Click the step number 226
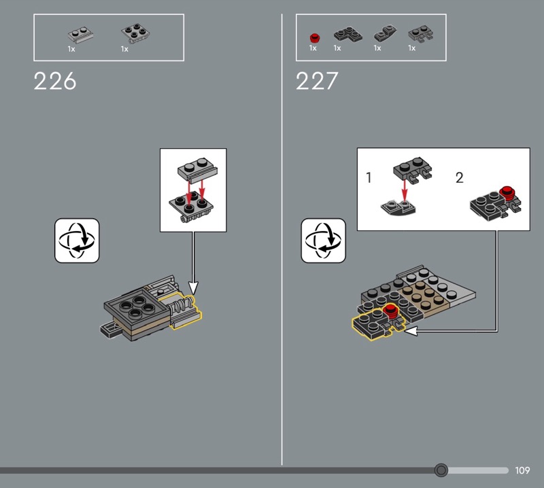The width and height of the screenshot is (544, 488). [x=55, y=81]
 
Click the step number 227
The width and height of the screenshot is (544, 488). [x=317, y=81]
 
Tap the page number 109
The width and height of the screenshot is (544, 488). [x=522, y=470]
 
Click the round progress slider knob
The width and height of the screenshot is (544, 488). [x=441, y=470]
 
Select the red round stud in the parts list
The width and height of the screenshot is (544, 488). [x=315, y=37]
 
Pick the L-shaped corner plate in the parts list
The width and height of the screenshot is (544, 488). [x=348, y=35]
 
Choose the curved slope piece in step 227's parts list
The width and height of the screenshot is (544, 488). [x=385, y=33]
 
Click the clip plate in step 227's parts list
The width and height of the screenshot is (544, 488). [x=421, y=34]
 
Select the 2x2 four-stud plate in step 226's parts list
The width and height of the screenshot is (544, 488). [x=135, y=33]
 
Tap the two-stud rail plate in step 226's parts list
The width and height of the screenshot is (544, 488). [x=80, y=35]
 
